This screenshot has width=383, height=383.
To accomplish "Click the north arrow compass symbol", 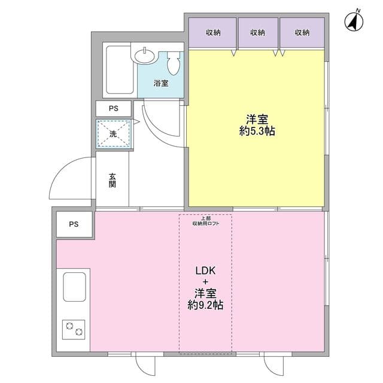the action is [354, 22].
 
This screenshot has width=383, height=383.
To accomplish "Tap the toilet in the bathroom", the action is [174, 63].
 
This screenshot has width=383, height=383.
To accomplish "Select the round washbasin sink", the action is [145, 56].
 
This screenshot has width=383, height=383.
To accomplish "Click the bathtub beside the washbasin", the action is [120, 70].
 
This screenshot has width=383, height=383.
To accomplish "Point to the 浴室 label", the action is [161, 83].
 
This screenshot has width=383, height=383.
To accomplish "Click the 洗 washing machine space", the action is [113, 134].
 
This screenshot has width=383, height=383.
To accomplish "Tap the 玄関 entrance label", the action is [113, 180].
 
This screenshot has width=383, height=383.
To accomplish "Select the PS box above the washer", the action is [114, 108].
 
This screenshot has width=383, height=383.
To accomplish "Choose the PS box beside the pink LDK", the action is [74, 224].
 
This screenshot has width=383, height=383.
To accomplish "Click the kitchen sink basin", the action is [74, 287].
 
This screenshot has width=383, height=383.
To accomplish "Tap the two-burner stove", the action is [74, 329].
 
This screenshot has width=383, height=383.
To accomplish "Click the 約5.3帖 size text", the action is [257, 132].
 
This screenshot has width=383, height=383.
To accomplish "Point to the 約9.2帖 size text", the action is [205, 305].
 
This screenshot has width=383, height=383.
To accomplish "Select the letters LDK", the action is [205, 270].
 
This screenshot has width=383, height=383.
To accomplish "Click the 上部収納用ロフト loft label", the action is [206, 221].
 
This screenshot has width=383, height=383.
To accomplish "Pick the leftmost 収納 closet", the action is [213, 32].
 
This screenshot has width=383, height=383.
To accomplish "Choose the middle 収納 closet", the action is [258, 32].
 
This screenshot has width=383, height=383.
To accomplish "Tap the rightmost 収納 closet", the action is [302, 32].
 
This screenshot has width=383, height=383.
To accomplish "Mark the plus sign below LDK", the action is [206, 282].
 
